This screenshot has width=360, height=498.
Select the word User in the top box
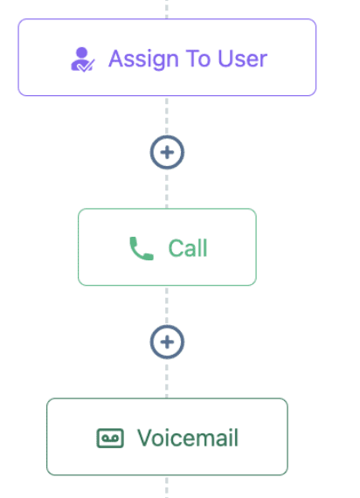coord(243,59)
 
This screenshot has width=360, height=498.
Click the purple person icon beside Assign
coord(82,59)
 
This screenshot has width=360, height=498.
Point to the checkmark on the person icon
coord(86,66)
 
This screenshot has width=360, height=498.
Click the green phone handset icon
coord(142,248)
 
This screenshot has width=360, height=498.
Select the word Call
coord(188,248)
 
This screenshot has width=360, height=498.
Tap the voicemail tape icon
coord(110,439)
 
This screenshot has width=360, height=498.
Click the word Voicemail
coord(188,438)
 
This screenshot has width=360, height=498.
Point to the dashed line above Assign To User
coord(167,10)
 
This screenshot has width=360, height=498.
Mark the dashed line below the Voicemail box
coord(167,487)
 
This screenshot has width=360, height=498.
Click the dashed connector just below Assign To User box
coord(167,115)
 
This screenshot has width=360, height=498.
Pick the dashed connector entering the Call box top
coord(167,189)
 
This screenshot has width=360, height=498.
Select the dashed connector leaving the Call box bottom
coord(167,305)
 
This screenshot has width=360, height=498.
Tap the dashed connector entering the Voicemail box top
coord(167,378)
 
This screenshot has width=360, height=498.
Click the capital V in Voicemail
coord(145,438)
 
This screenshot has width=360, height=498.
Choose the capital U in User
coord(225,59)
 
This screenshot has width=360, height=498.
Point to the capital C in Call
coord(175,248)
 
